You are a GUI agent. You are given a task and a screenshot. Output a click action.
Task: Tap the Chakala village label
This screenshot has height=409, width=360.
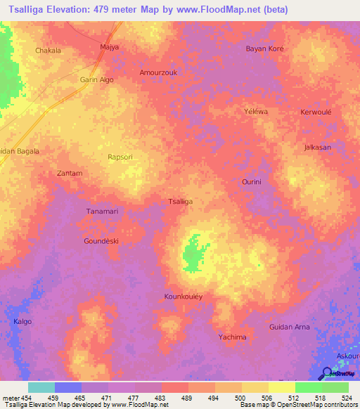point(49,51)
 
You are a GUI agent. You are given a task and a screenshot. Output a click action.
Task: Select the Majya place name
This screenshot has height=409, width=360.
point(109,47)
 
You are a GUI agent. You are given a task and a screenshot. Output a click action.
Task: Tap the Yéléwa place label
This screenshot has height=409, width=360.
point(256,112)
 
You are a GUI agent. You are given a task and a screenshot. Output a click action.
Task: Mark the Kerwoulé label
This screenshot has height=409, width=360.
point(316,112)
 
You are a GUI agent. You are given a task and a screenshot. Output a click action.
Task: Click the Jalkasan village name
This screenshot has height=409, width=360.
point(317,147)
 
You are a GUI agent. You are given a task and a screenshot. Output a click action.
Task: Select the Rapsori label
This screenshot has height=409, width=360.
point(120,157)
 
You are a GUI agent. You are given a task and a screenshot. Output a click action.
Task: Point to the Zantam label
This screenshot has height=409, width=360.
point(70,173)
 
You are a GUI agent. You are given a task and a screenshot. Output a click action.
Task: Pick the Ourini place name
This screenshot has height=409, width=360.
point(252,181)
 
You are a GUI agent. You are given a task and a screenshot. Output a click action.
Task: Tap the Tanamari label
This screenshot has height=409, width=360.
point(102,212)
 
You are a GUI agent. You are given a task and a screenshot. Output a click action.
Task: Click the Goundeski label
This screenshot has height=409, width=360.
point(101,240)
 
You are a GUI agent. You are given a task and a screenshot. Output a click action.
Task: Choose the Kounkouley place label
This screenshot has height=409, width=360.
point(184,297)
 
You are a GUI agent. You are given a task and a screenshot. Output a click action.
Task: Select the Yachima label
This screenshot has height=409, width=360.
point(232,337)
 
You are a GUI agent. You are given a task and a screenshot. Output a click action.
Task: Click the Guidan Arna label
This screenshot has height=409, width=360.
point(290,327)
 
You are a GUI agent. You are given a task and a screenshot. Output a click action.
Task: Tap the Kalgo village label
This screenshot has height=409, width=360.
point(22,321)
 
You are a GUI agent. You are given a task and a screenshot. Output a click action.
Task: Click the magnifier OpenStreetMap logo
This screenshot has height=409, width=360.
point(328,375)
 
